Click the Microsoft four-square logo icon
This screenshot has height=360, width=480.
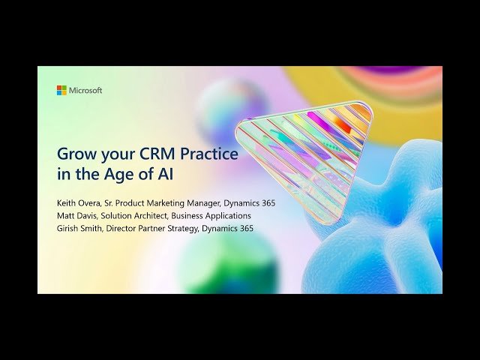61,90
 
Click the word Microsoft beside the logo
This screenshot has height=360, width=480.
85,91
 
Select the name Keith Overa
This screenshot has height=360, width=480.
79,202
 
